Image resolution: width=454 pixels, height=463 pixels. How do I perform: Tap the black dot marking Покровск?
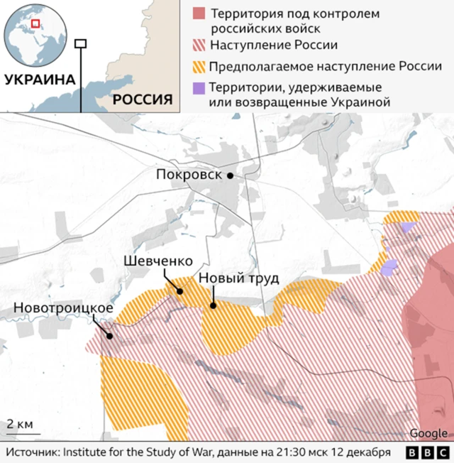click(x=230, y=175)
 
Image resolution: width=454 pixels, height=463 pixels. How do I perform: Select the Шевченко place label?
click(x=154, y=261)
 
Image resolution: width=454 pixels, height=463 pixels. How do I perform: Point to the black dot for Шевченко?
click(x=179, y=290)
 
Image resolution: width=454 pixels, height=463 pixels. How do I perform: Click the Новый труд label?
click(x=238, y=278)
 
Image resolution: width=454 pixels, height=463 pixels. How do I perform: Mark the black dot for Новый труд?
click(x=213, y=306)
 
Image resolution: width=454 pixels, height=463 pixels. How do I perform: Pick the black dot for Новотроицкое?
click(x=109, y=337)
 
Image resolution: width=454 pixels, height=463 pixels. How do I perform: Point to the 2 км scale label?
click(x=19, y=424)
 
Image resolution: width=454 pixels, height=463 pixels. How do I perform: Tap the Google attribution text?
click(x=428, y=434)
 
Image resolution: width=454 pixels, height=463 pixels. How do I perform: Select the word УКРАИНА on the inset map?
click(x=40, y=80)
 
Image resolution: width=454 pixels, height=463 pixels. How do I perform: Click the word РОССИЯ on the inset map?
click(x=143, y=99)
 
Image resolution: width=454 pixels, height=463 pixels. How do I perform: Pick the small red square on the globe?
click(x=35, y=23)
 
